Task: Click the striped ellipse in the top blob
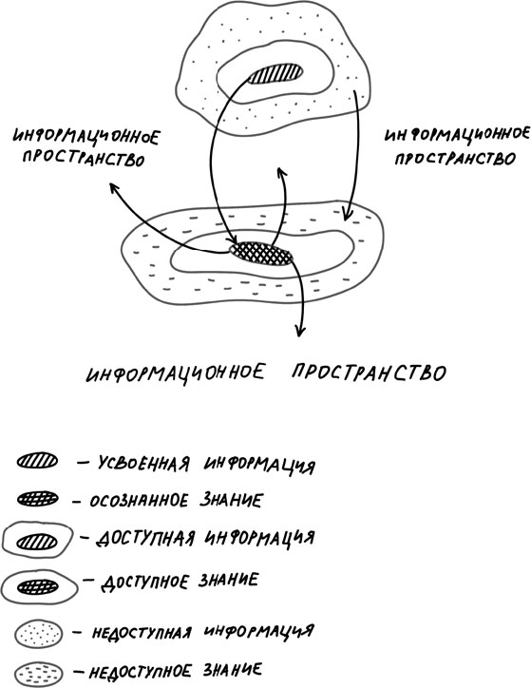click(275, 74)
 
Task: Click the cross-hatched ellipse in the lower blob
click(261, 254)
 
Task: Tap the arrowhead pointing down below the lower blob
click(299, 331)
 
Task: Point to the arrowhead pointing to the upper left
click(114, 188)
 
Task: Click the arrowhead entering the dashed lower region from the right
click(347, 214)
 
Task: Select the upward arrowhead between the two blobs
click(281, 172)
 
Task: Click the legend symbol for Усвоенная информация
click(37, 461)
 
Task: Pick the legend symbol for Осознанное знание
click(37, 499)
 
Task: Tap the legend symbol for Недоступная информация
click(38, 634)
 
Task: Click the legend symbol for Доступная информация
click(37, 540)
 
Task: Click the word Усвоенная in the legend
click(143, 464)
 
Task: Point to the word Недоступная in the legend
click(142, 633)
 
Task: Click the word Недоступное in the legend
click(141, 671)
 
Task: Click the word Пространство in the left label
click(84, 158)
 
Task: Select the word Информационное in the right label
click(457, 135)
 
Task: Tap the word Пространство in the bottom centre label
click(370, 373)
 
